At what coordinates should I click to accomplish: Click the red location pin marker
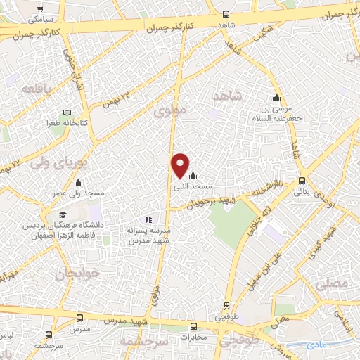(x=181, y=165)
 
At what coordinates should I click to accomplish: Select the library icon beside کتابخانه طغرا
(x=67, y=112)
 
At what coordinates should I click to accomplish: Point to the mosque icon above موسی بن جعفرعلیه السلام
(x=277, y=98)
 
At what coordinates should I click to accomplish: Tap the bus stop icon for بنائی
(x=302, y=180)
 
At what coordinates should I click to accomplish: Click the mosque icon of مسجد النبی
(x=193, y=176)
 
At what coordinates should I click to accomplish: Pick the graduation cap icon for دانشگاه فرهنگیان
(x=63, y=214)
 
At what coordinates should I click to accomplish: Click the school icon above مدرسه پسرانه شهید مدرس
(x=148, y=220)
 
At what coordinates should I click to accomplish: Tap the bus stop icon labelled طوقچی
(x=226, y=306)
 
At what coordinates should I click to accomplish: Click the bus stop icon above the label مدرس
(x=79, y=318)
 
